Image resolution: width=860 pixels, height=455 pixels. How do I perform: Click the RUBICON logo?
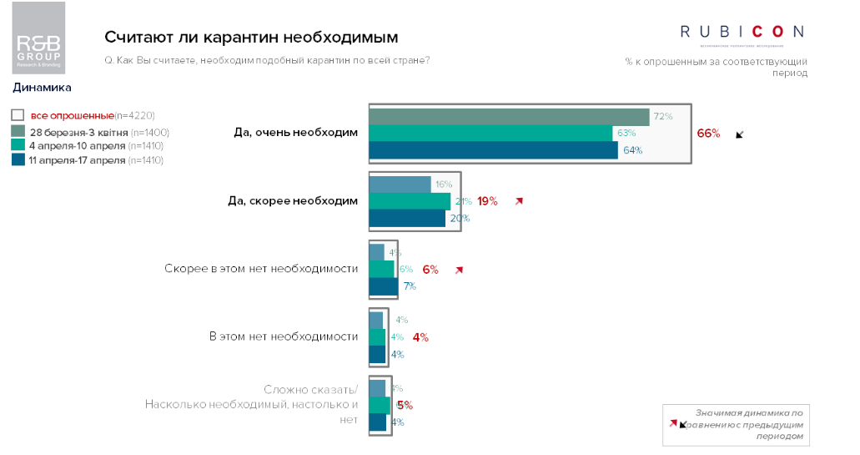[x=742, y=33]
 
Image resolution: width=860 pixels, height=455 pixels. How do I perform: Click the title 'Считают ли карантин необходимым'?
[x=251, y=38]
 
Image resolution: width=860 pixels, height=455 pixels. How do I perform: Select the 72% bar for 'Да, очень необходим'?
[x=509, y=116]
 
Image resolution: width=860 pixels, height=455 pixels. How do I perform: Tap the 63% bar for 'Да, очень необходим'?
[x=490, y=134]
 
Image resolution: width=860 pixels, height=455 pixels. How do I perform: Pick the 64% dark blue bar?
[x=493, y=150]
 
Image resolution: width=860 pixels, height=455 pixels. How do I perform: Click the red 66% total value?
[x=708, y=134]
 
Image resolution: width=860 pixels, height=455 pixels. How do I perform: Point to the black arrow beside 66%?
[x=739, y=134]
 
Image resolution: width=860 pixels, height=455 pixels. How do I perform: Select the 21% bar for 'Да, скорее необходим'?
[x=410, y=201]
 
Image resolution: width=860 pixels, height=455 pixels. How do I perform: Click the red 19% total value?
[x=487, y=201]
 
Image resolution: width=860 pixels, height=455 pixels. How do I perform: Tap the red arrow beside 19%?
[x=519, y=201]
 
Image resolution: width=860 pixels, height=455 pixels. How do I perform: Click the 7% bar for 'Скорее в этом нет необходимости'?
[x=384, y=286]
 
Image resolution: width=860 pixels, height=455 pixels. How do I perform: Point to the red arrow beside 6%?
[x=458, y=270]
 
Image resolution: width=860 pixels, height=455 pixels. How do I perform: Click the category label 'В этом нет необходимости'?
[x=283, y=336]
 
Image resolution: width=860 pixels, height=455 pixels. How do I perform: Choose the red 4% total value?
[x=420, y=337]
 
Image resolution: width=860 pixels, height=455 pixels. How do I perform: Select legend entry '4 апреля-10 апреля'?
[x=78, y=145]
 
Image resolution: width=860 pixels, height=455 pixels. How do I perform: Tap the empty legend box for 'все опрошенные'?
[x=18, y=116]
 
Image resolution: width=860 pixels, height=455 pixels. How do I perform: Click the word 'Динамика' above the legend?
[x=42, y=88]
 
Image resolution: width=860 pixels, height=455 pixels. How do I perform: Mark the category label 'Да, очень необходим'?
[x=296, y=133]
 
